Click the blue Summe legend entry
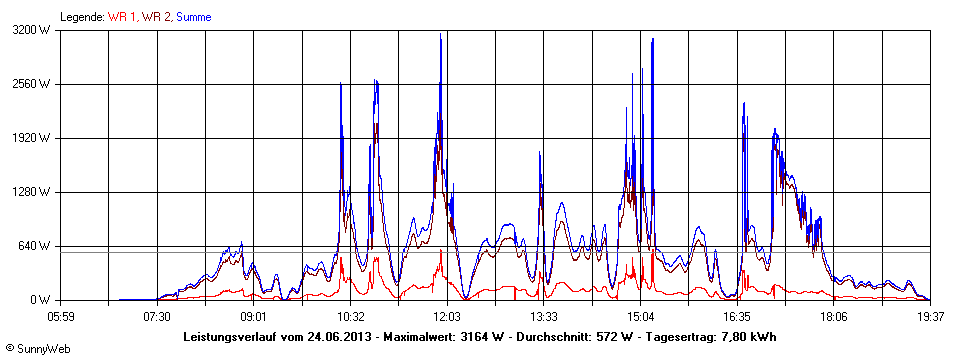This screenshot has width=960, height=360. (194, 17)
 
